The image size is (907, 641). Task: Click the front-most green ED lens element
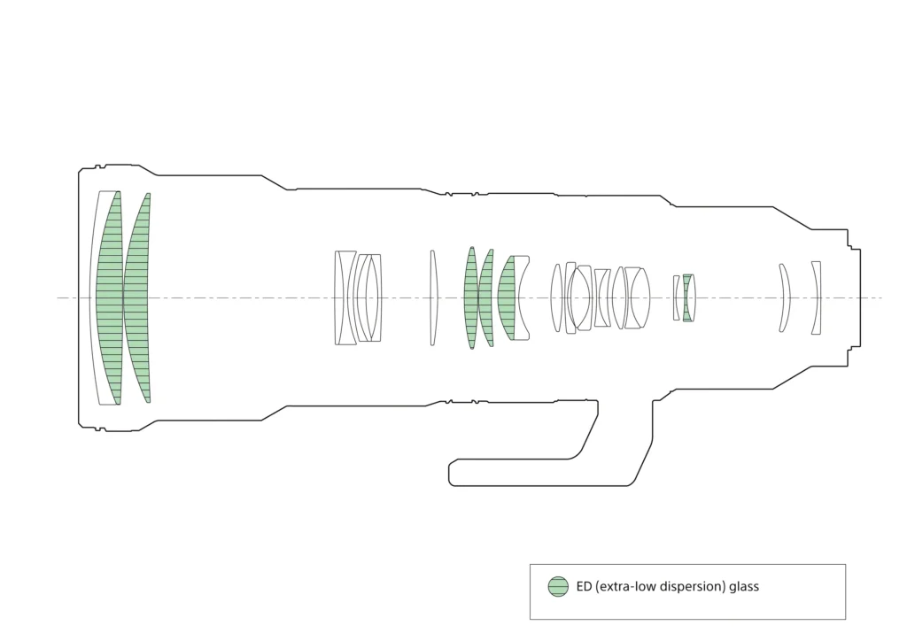click(109, 297)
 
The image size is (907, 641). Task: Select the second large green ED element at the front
click(137, 297)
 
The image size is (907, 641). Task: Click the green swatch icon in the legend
click(558, 586)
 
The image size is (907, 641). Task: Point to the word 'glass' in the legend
click(742, 586)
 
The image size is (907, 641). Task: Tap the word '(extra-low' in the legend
click(625, 586)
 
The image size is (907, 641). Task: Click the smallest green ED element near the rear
click(686, 297)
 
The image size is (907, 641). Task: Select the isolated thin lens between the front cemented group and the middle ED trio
click(433, 297)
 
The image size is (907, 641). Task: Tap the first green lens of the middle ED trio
click(470, 297)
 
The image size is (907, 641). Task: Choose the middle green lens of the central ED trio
click(485, 297)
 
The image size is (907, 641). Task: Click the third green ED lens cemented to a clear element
click(506, 297)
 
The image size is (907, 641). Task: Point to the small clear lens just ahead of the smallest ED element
click(677, 297)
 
